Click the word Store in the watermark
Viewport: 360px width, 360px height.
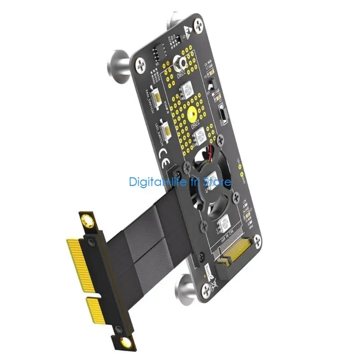pyautogui.click(x=217, y=182)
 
